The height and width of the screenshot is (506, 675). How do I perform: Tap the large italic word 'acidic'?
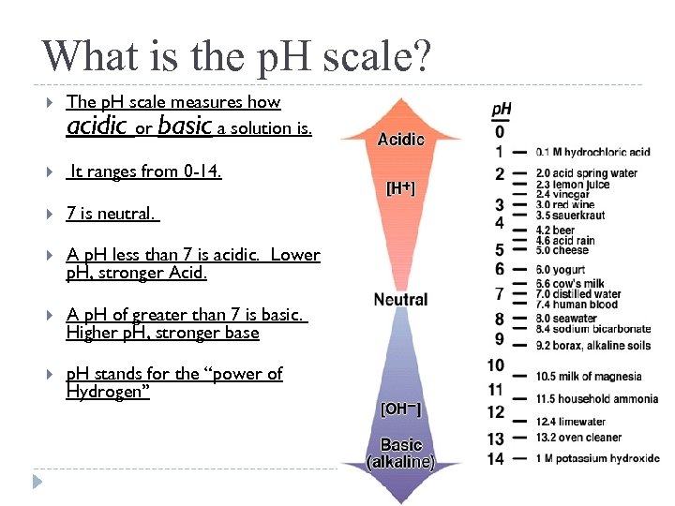click(97, 126)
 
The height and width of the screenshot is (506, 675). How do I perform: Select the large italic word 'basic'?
click(185, 126)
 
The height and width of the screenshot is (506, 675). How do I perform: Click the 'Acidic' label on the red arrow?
click(400, 140)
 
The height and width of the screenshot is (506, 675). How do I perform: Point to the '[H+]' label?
click(400, 188)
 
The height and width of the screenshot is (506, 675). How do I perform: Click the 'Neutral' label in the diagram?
click(400, 300)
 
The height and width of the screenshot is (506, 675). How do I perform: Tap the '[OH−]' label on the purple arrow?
click(400, 409)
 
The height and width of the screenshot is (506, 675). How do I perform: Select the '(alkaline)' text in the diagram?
click(400, 462)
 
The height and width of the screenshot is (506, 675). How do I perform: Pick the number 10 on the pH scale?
click(496, 365)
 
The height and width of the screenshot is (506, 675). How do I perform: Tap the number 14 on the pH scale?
click(496, 459)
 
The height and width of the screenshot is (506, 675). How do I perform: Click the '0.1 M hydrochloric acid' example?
click(592, 152)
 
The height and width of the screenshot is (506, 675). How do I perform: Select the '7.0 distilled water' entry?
click(578, 293)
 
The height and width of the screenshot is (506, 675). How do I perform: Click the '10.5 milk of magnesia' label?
click(589, 376)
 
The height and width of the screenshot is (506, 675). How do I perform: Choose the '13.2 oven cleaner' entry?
click(578, 437)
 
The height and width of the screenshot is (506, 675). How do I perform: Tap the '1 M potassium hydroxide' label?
click(597, 459)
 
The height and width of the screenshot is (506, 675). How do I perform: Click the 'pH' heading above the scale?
click(502, 110)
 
